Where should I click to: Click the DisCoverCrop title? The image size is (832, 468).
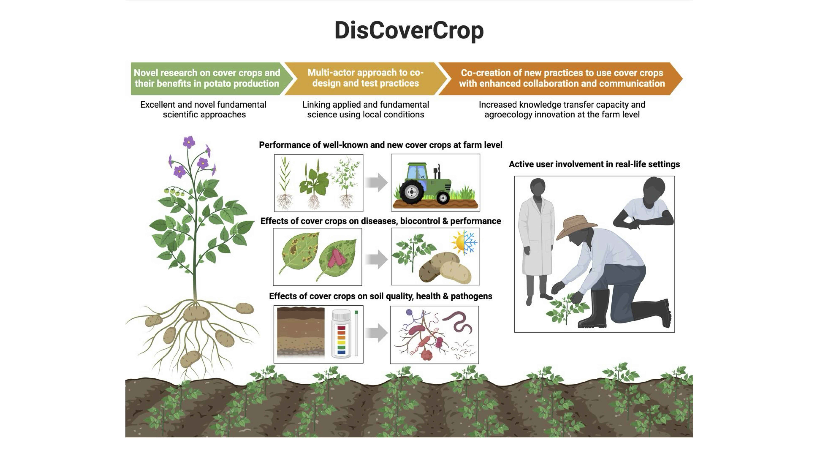click(409, 31)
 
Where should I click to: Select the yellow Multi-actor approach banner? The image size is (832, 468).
click(365, 78)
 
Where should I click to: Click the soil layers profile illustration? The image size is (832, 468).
click(301, 333)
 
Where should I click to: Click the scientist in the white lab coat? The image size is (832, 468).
click(536, 239)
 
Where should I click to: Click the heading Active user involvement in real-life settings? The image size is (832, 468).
click(594, 164)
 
